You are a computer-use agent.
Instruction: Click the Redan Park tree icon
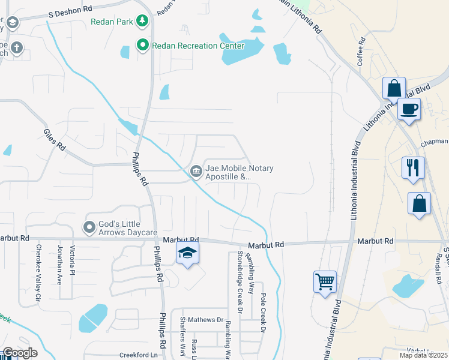click(142, 22)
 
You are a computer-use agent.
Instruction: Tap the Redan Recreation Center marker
click(143, 46)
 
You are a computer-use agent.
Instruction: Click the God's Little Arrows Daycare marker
click(90, 227)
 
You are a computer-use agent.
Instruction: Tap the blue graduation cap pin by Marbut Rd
click(187, 254)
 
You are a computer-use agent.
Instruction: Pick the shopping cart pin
click(325, 281)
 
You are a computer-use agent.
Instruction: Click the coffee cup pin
click(409, 109)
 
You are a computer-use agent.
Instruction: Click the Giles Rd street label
click(54, 139)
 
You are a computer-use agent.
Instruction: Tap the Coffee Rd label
click(361, 53)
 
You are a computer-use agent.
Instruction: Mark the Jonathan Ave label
click(59, 265)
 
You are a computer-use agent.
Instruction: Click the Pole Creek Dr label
click(263, 313)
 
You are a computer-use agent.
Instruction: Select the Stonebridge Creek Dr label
click(238, 282)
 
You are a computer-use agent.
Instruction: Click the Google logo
click(19, 353)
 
